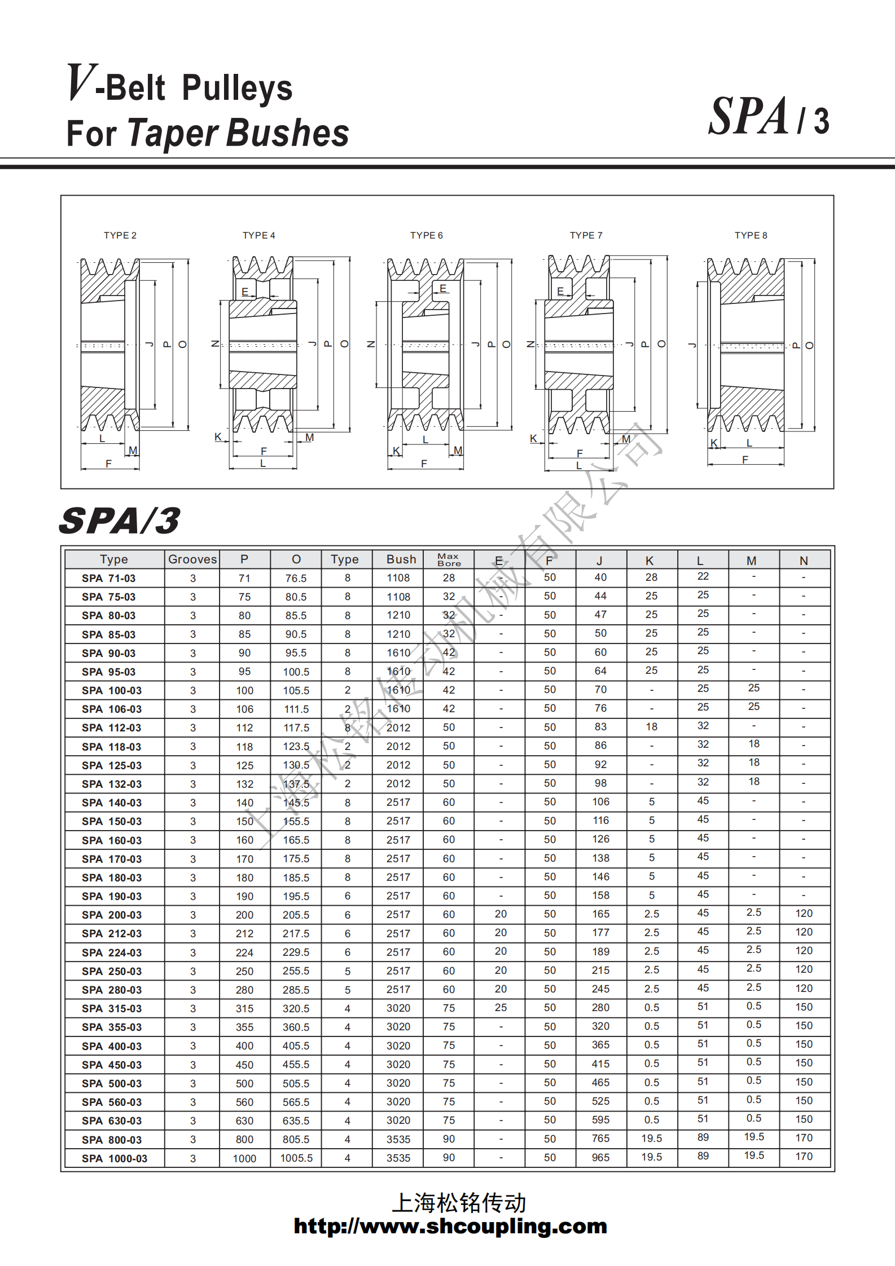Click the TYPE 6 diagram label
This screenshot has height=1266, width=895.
(x=426, y=235)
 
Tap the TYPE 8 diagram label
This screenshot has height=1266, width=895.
(x=751, y=235)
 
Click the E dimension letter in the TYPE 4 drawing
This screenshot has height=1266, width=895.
(x=245, y=292)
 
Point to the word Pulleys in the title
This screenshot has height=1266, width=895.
(x=238, y=89)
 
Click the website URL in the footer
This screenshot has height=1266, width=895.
(x=450, y=1226)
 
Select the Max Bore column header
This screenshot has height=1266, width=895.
(x=449, y=559)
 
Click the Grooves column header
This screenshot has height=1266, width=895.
(x=192, y=559)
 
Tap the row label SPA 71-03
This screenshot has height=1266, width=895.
(x=108, y=578)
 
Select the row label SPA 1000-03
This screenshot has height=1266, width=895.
(x=114, y=1158)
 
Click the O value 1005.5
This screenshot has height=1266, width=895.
(x=296, y=1158)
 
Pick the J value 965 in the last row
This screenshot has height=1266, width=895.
(x=600, y=1157)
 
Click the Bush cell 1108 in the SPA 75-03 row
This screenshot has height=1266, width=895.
(x=398, y=597)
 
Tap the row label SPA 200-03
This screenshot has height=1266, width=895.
(x=111, y=915)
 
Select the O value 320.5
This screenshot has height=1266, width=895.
(x=296, y=1008)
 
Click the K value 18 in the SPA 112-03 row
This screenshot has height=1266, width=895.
(x=651, y=727)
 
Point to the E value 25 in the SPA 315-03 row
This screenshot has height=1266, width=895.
(x=501, y=1007)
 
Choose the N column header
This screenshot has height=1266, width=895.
(x=804, y=561)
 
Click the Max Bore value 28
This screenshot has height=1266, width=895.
(x=449, y=577)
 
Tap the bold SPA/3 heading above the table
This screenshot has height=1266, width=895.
(x=120, y=520)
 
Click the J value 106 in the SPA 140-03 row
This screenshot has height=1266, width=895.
(x=600, y=801)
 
